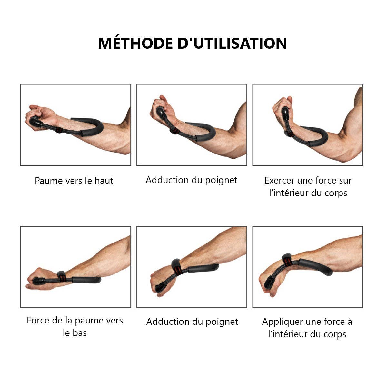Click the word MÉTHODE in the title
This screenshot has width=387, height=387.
click(135, 44)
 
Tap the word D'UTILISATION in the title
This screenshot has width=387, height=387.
click(232, 44)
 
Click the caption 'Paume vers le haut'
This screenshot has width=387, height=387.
click(74, 181)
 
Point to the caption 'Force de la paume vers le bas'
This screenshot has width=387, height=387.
click(75, 326)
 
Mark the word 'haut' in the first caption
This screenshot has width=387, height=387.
click(104, 181)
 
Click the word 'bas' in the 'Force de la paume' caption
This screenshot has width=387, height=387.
click(80, 333)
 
